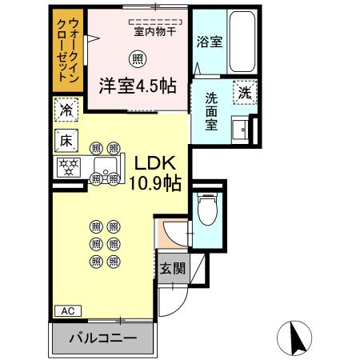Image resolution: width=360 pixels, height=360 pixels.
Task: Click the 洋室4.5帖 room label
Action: point(138,86)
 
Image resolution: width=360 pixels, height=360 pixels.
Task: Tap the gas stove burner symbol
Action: point(67,167)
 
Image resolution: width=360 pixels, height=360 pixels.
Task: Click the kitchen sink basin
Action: point(105,167)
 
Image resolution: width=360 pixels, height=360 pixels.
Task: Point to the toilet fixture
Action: point(206,210)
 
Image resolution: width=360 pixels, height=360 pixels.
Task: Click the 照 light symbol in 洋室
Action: point(138,58)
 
